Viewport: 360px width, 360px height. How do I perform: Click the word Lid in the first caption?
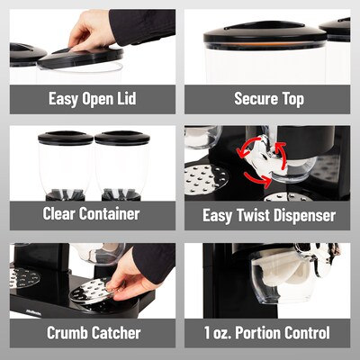(x=126, y=99)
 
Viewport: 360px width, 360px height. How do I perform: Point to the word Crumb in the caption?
(x=67, y=333)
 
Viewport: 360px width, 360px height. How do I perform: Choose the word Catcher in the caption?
(x=116, y=333)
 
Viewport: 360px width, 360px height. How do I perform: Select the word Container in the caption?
(x=110, y=214)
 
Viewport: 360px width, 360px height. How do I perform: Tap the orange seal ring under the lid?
(x=264, y=44)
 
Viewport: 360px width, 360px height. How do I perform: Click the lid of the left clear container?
(x=66, y=138)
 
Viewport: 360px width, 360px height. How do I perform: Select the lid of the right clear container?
(x=122, y=138)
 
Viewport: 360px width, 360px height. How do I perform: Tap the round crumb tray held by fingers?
(x=92, y=290)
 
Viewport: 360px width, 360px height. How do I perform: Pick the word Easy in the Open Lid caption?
(x=63, y=99)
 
